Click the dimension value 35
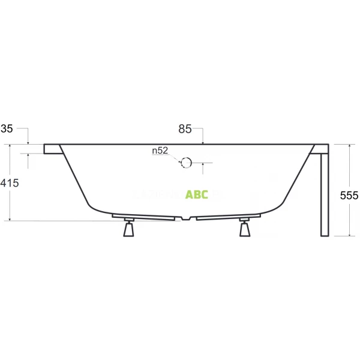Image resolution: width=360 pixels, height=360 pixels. pos(7,128)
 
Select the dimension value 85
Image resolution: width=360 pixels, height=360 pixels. pos(185,128)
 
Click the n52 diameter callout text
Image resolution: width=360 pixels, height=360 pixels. pos(160,151)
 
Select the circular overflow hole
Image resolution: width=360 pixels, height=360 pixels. pos(186,162)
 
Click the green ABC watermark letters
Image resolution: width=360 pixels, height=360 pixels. pos(197,194)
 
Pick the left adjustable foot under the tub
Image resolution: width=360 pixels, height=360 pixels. pos(128,229)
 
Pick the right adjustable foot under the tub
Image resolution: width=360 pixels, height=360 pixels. pos(244,229)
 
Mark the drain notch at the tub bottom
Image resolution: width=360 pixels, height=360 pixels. pos(187,218)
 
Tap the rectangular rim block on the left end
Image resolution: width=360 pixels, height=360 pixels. pos(51,149)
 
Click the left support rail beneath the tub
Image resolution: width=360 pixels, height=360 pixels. pos(144,216)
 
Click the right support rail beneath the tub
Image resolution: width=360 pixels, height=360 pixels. pos(228,216)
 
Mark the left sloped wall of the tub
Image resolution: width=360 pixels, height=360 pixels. pos(74,178)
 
